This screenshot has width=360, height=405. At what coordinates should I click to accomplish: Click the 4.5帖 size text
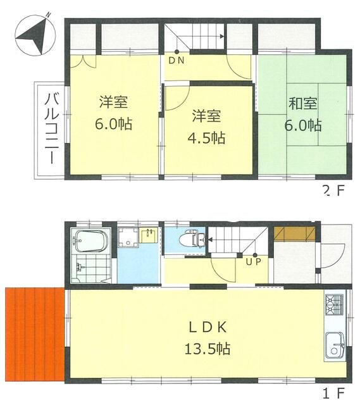click(209, 137)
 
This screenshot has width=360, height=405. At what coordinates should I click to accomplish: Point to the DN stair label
click(177, 61)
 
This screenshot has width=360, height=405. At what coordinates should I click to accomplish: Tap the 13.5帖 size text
click(206, 348)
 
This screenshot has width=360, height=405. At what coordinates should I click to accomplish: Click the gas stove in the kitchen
click(335, 305)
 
